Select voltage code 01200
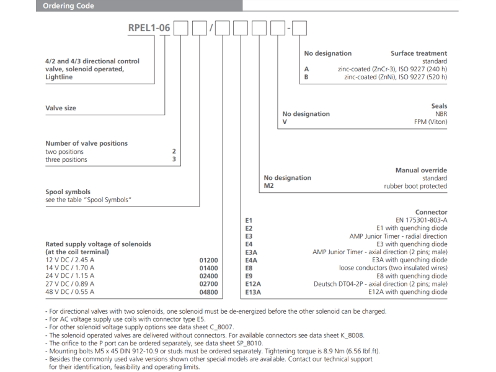(208, 260)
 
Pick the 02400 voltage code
(208, 275)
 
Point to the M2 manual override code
(269, 186)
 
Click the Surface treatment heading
(418, 53)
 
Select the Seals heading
(438, 106)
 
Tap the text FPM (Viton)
(430, 122)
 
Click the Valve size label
(61, 108)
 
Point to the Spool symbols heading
(68, 192)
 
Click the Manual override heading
(421, 170)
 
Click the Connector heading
(431, 212)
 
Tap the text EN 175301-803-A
(421, 220)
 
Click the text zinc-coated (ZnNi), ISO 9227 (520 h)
(396, 77)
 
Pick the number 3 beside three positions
(174, 159)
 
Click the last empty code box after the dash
(299, 29)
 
